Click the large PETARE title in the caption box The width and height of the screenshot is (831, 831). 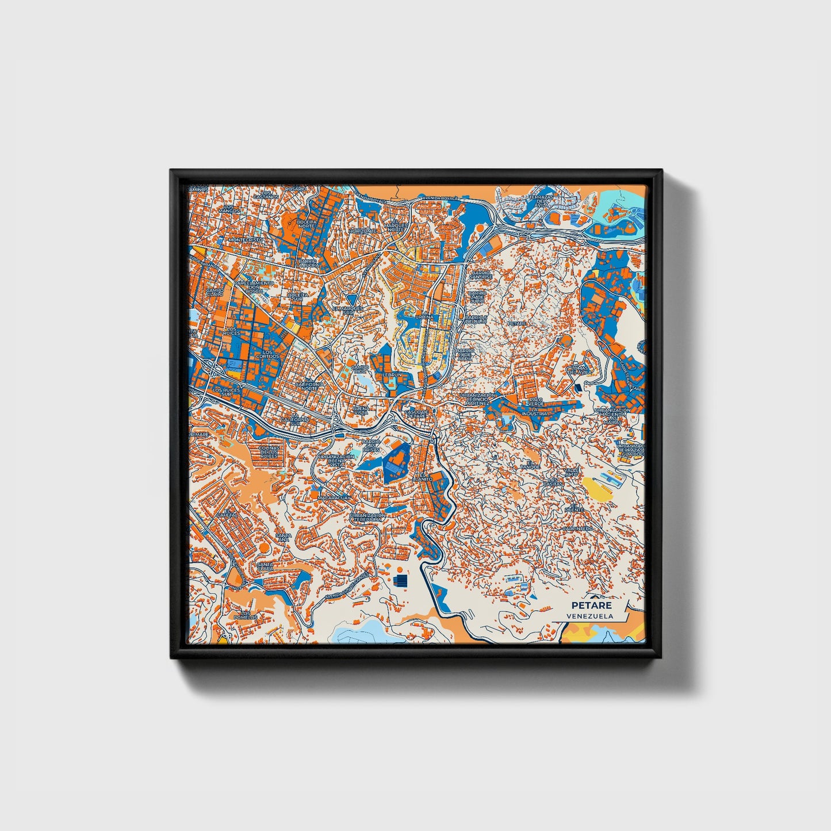coord(591,605)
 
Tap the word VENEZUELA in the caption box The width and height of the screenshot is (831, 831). coord(589,616)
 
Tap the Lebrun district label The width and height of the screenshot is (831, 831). coord(392,374)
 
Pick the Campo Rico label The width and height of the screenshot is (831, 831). coord(360,369)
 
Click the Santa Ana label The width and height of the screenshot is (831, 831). coord(284,538)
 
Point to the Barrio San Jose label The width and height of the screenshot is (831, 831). coord(481,275)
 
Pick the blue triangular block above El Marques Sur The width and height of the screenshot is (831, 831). coord(351,299)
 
